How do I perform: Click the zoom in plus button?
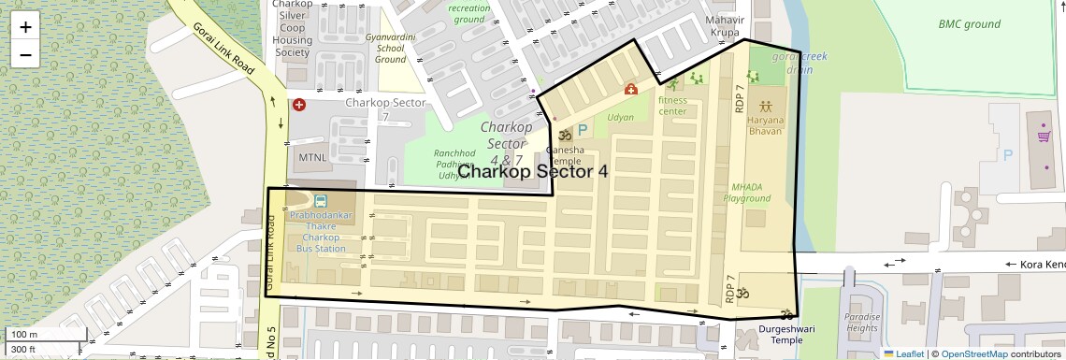pos(25,26)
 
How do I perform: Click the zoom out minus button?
pos(25,54)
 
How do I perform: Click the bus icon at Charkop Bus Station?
pos(321,201)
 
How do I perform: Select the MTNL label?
pos(311,157)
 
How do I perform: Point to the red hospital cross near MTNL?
pos(298,105)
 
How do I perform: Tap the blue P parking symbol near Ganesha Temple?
pos(582,132)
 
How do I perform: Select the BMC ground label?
pos(970,24)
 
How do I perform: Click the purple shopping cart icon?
pos(1044,137)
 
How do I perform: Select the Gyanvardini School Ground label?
pos(390,48)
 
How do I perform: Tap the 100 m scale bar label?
pos(23,335)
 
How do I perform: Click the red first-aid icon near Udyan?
pos(631,90)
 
